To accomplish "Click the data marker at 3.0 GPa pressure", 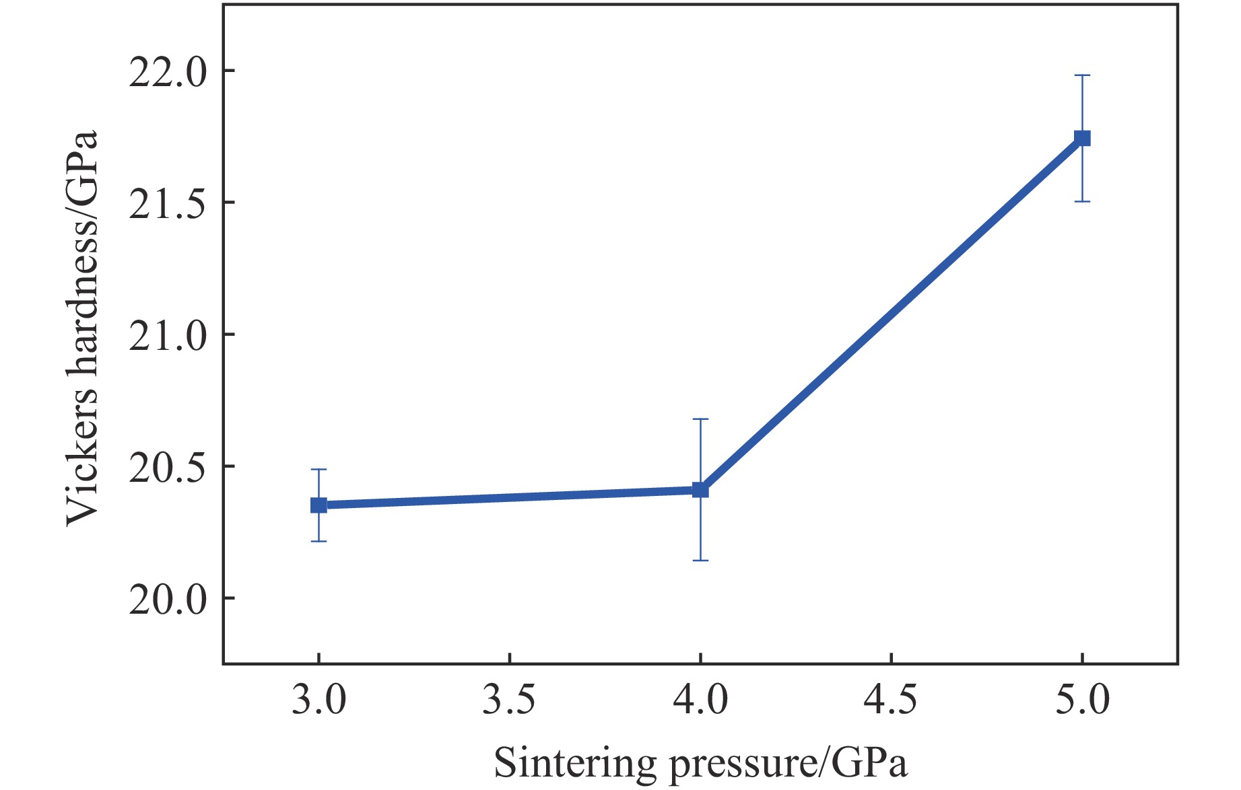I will point(318,505).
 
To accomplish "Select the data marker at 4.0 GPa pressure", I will point(700,490).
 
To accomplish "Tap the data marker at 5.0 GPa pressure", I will point(1082,138).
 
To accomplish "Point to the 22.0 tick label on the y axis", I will point(168,71).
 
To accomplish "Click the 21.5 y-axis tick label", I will point(168,203).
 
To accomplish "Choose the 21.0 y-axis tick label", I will point(168,334).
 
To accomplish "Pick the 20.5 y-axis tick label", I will point(168,466).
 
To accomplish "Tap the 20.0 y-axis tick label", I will point(168,598).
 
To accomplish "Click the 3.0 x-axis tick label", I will point(318,699).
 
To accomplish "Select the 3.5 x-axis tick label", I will point(509,699).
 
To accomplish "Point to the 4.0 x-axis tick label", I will point(700,699).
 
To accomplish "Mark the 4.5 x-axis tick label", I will point(891,699).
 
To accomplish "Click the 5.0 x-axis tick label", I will point(1082,699).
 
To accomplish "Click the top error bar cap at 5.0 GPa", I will point(1082,75).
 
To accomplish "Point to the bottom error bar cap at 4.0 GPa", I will point(700,560).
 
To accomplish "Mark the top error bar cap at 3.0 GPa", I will point(318,469).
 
